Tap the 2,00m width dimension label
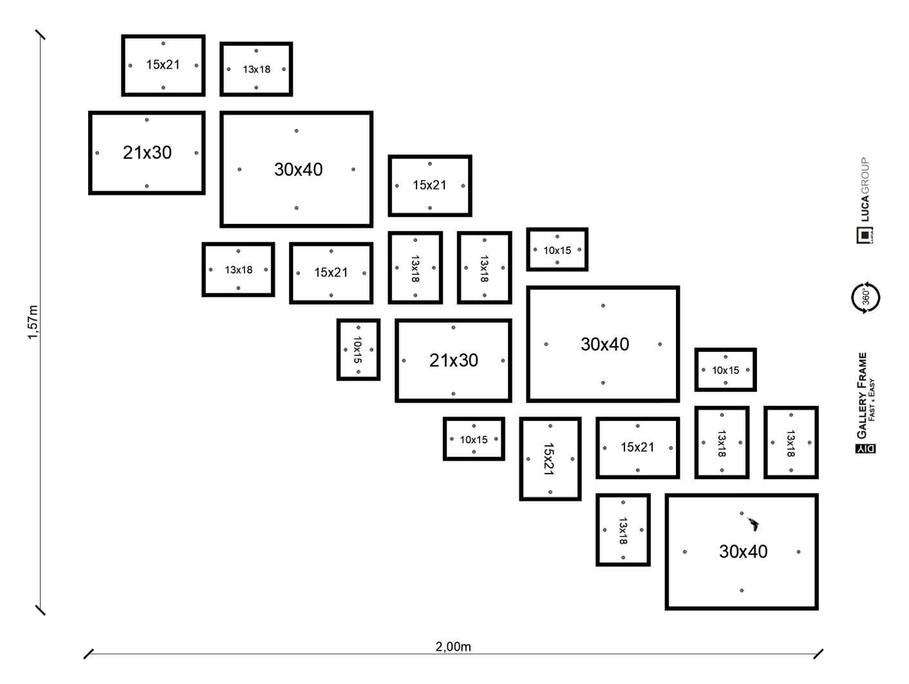(453, 647)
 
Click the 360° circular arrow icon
(865, 297)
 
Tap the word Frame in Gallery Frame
(863, 367)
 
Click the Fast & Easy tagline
(872, 400)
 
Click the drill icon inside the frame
(752, 524)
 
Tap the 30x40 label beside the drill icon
(743, 551)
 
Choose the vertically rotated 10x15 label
(358, 349)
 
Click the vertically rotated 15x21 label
(549, 458)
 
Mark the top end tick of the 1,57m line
(41, 34)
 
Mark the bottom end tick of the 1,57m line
(41, 609)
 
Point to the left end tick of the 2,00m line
(89, 654)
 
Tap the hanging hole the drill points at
(742, 513)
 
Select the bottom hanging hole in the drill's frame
(742, 590)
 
